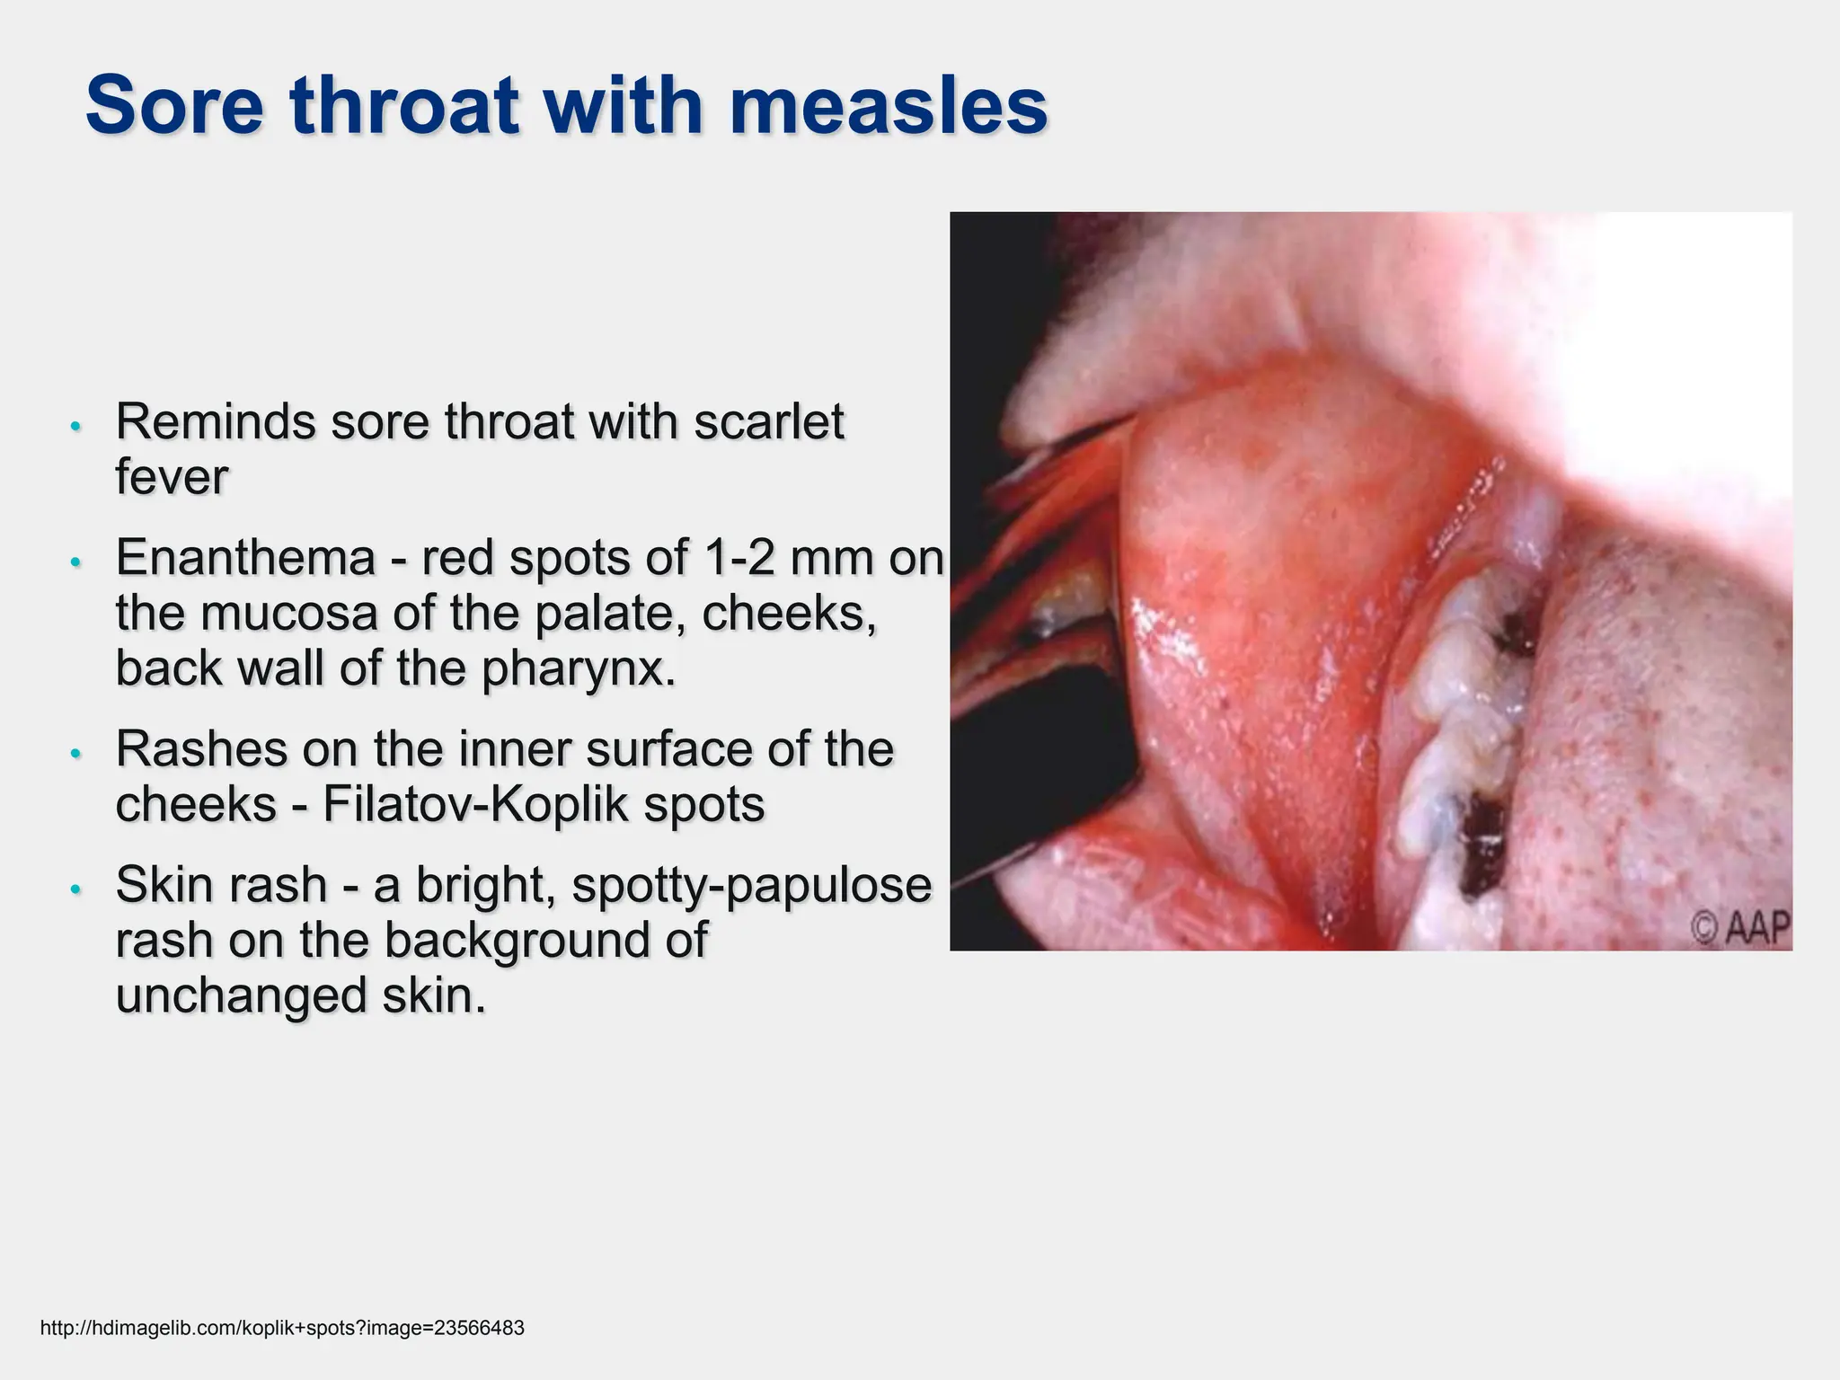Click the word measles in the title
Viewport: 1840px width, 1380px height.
coord(888,106)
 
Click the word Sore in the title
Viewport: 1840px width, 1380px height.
coord(175,106)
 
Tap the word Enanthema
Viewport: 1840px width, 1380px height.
coord(245,558)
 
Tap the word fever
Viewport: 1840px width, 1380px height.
coord(172,477)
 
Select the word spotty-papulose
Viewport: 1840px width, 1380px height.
coord(752,885)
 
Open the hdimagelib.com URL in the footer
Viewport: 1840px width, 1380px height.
coord(282,1328)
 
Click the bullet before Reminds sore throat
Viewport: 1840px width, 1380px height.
coord(76,426)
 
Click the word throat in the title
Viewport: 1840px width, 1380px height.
coord(405,106)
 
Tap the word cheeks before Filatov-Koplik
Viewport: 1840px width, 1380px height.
coord(196,804)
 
